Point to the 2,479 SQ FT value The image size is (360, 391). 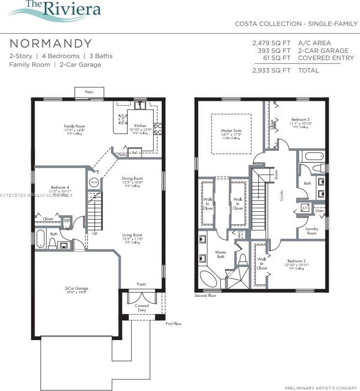pyautogui.click(x=272, y=43)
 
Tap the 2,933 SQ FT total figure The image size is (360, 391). pyautogui.click(x=272, y=70)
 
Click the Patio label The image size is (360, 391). pyautogui.click(x=89, y=92)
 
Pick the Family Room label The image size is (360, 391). pyautogui.click(x=74, y=126)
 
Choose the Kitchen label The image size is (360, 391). pyautogui.click(x=140, y=126)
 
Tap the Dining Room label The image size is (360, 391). pyautogui.click(x=132, y=179)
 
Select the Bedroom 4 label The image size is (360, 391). pyautogui.click(x=60, y=187)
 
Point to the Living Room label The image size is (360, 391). pyautogui.click(x=132, y=235)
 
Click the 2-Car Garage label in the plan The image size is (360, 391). pyautogui.click(x=76, y=288)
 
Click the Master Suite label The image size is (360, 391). pyautogui.click(x=231, y=131)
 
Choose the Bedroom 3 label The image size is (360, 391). pyautogui.click(x=300, y=120)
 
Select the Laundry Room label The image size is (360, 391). pyautogui.click(x=312, y=231)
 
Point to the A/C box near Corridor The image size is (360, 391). pyautogui.click(x=305, y=208)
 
